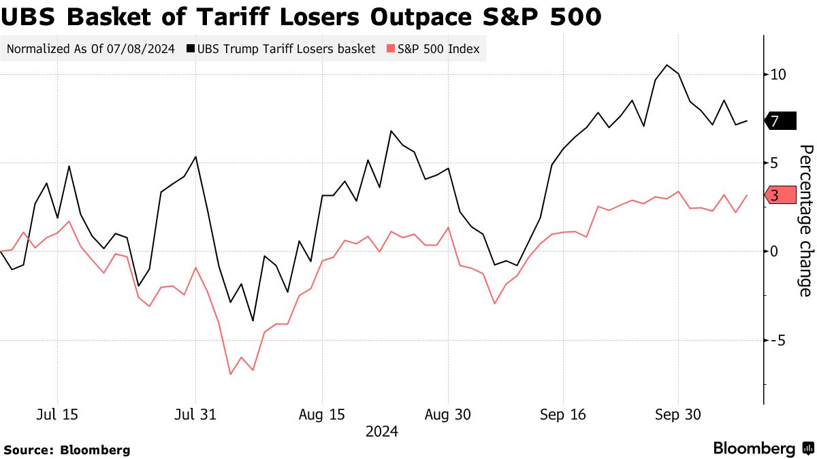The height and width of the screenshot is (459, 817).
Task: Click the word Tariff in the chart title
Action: click(x=229, y=17)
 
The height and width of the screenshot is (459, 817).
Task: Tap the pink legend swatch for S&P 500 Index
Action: click(x=390, y=49)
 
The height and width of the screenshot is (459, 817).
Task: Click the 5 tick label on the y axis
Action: click(x=774, y=163)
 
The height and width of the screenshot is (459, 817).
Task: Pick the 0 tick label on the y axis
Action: click(x=774, y=251)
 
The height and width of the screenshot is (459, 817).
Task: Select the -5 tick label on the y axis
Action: click(x=776, y=339)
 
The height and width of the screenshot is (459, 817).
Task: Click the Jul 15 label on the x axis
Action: click(x=57, y=415)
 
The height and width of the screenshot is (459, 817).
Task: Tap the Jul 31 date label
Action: click(x=195, y=415)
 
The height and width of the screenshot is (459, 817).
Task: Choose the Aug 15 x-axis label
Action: click(x=321, y=415)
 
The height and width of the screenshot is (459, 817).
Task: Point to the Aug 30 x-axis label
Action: click(x=448, y=415)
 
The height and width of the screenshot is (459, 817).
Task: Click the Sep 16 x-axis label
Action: click(x=563, y=415)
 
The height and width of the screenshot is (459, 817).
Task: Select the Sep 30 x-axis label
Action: click(x=677, y=415)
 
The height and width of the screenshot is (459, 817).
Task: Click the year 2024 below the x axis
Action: click(x=381, y=432)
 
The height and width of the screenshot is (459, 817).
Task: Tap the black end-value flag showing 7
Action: click(x=780, y=121)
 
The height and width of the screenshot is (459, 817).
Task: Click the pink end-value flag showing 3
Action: click(x=780, y=196)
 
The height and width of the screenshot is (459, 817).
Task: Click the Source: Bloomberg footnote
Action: click(x=67, y=449)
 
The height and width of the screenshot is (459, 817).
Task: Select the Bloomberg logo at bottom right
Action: click(x=763, y=449)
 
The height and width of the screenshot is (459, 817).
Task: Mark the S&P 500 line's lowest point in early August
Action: click(x=230, y=374)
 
